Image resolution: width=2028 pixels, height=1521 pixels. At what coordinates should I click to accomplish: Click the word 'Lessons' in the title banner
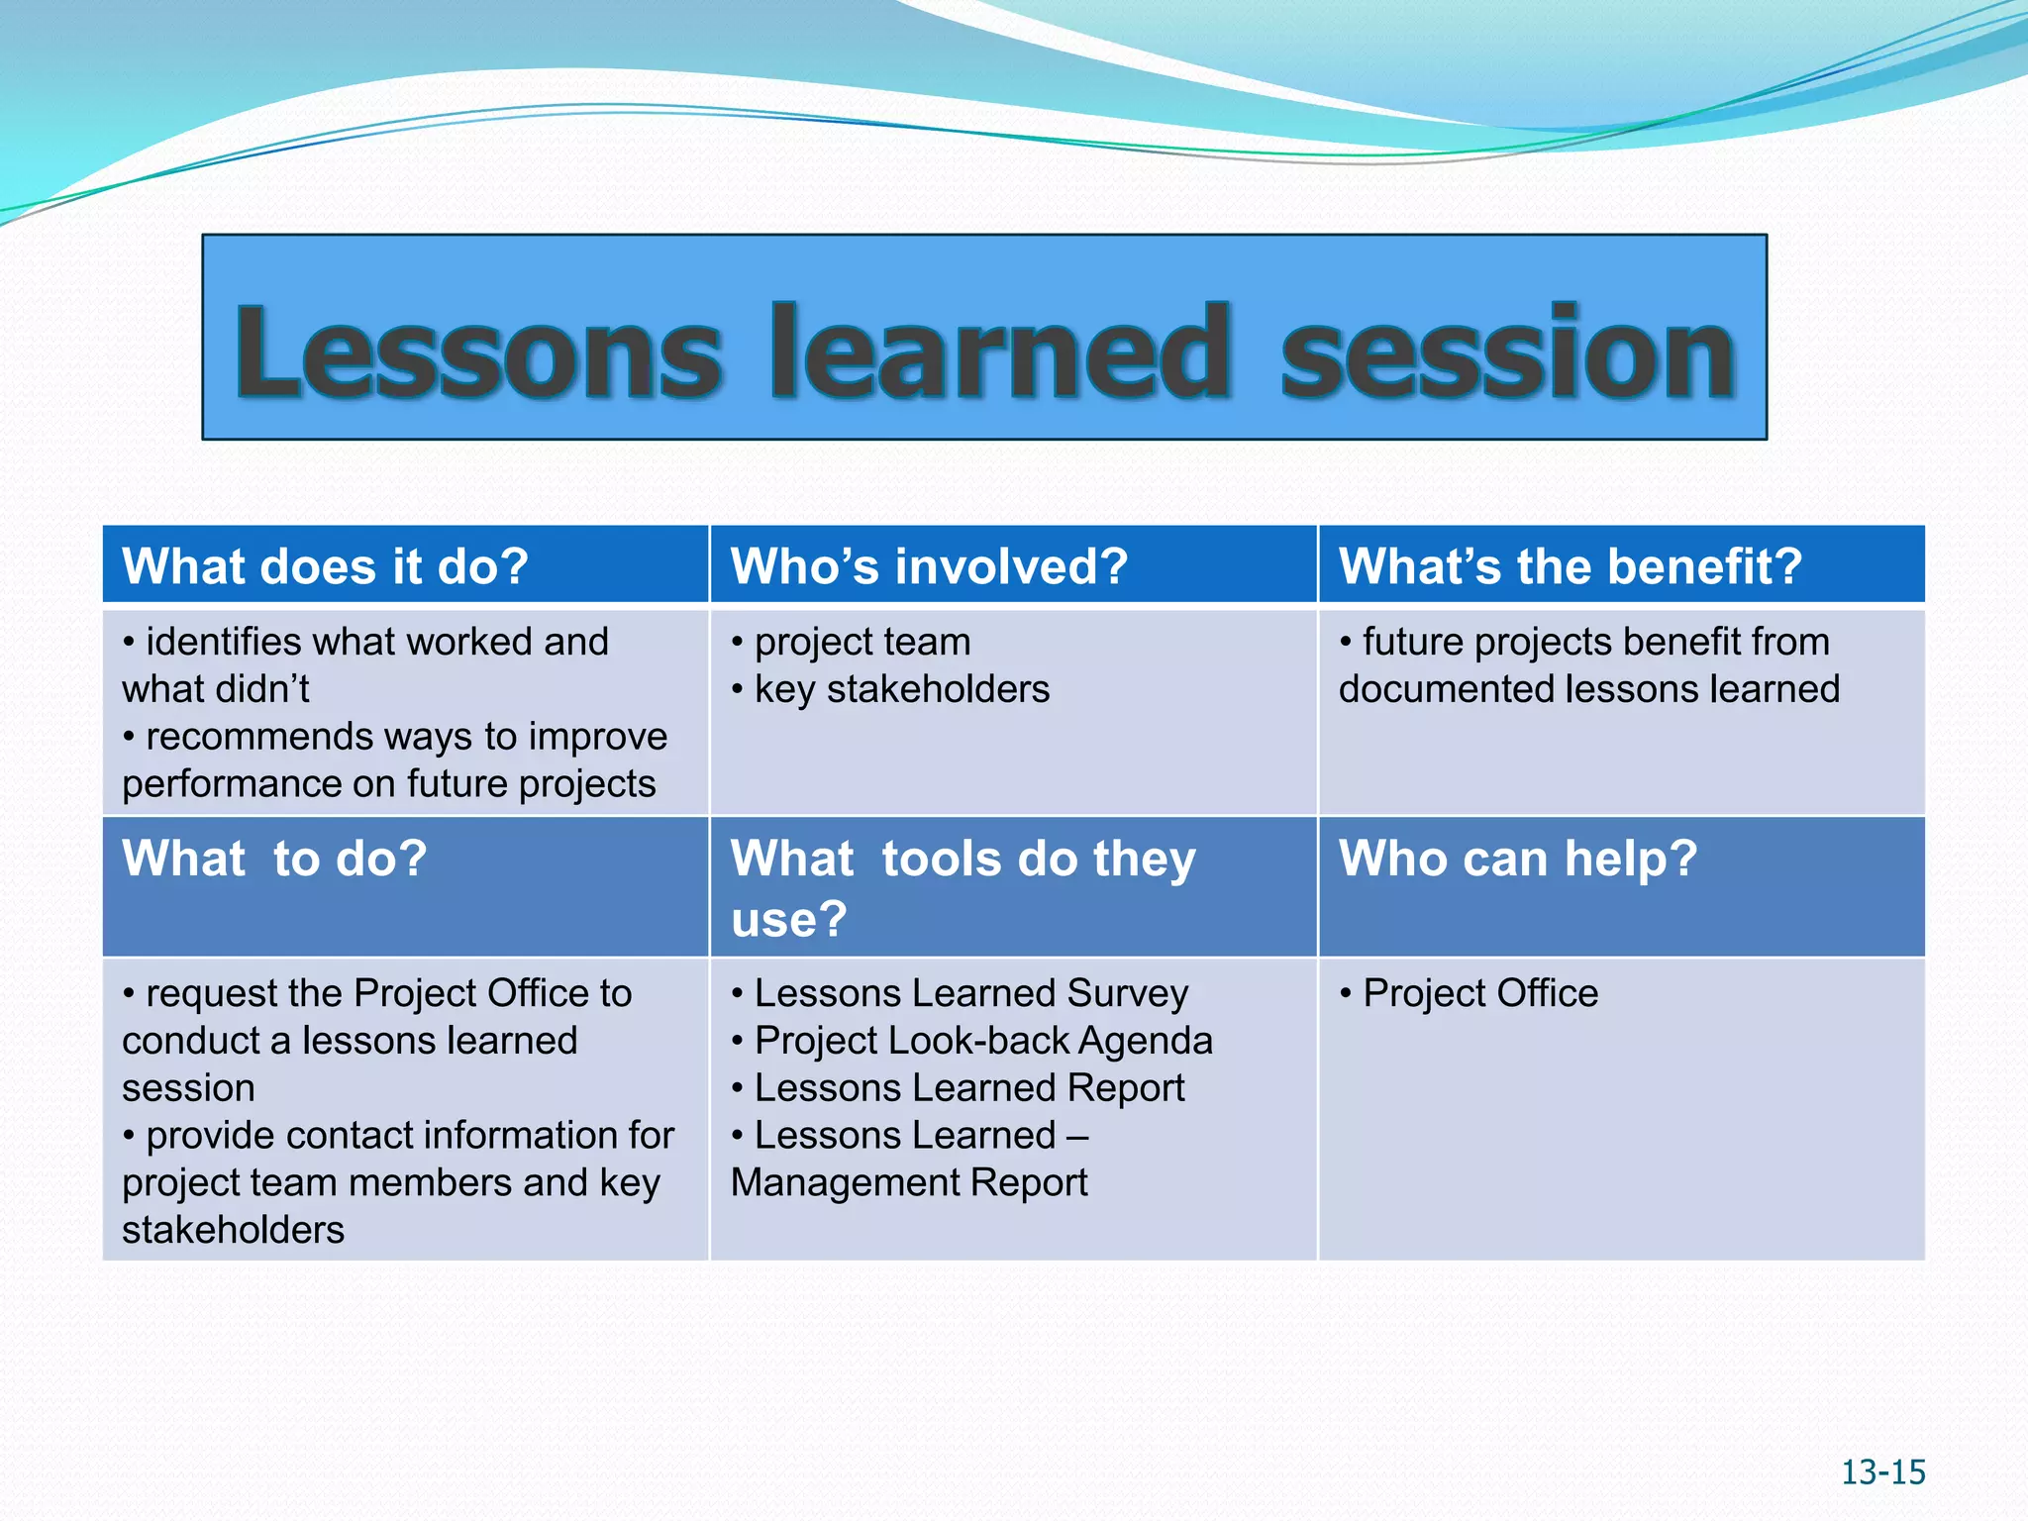click(478, 354)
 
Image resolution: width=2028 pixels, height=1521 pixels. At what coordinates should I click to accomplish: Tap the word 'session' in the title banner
click(1507, 354)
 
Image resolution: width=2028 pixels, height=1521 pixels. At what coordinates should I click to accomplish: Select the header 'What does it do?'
click(325, 566)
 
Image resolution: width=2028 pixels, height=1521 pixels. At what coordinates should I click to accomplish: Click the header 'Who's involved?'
click(929, 566)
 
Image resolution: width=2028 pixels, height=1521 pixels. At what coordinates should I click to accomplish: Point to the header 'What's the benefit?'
click(1570, 566)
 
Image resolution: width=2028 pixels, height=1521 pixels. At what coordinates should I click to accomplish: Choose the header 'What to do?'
click(274, 859)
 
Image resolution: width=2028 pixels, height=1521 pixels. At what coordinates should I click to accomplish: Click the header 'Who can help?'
click(1517, 859)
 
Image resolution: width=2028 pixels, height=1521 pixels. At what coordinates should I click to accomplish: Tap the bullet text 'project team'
click(862, 643)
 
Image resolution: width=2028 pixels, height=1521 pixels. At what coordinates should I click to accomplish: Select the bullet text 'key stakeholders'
click(901, 690)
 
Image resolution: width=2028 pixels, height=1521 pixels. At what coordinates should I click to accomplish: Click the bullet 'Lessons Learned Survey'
click(970, 993)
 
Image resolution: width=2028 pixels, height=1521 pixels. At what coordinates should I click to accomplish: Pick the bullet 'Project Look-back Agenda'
click(982, 1041)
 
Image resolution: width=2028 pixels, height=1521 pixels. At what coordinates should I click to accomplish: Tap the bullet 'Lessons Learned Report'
click(968, 1088)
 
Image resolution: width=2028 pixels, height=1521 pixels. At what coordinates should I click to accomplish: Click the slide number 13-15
click(1882, 1472)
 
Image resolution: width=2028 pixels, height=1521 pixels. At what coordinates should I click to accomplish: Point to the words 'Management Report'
click(909, 1183)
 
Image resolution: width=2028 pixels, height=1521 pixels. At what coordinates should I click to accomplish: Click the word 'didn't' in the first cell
click(267, 690)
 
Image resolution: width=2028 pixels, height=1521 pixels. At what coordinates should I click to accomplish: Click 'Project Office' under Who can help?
click(1479, 993)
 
